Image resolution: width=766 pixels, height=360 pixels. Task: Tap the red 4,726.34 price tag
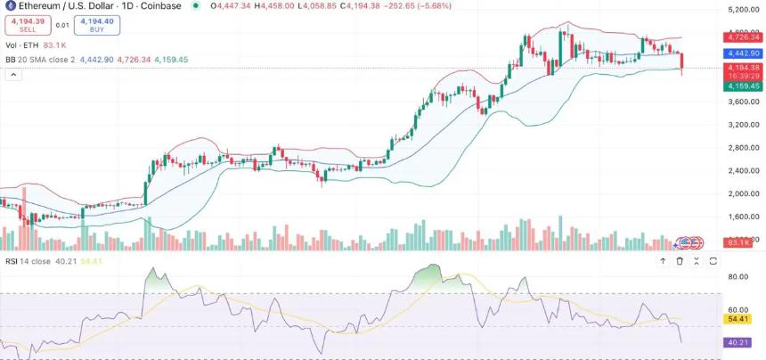coord(742,37)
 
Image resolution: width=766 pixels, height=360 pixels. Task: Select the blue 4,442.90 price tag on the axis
coord(742,53)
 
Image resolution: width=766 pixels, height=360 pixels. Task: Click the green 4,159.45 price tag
coord(742,86)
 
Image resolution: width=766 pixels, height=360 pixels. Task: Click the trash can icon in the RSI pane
coord(679,261)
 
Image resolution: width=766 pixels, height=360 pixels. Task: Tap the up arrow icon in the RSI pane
coord(662,261)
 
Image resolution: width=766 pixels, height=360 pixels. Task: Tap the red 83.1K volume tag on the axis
coord(742,241)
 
